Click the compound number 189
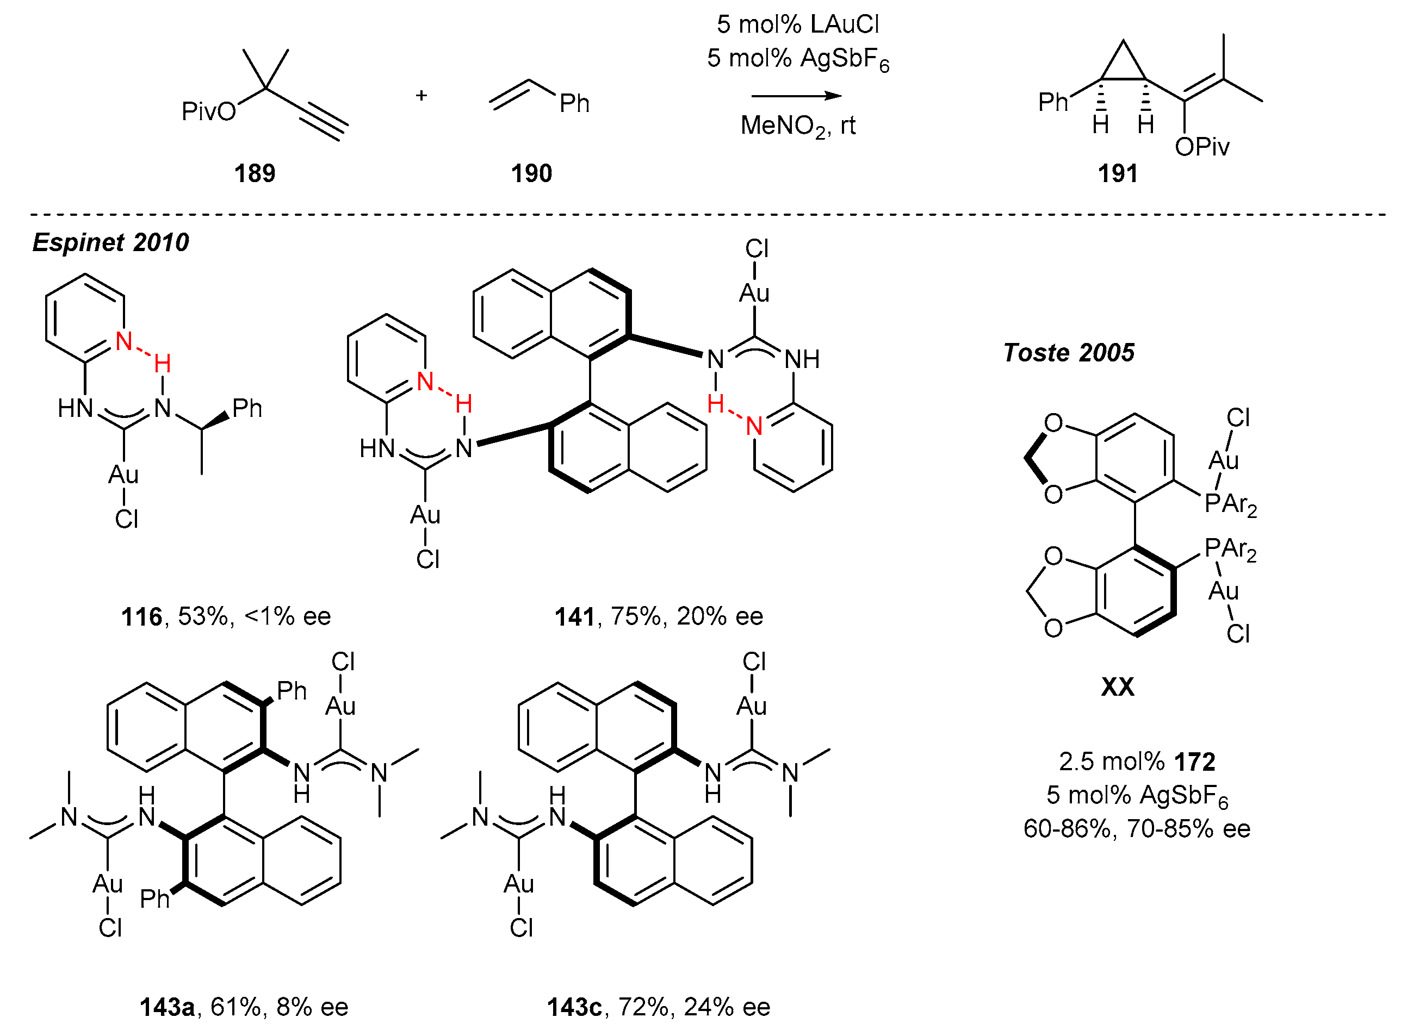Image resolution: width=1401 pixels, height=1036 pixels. point(255,173)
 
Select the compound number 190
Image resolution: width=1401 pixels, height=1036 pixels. point(531,173)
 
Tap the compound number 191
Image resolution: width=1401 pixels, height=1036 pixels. point(1118,173)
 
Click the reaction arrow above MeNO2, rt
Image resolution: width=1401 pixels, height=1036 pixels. point(796,96)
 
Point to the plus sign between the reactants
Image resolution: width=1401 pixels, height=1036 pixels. point(421,95)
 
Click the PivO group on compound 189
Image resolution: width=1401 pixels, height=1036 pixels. point(208,111)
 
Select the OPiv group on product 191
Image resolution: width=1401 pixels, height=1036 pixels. point(1201,147)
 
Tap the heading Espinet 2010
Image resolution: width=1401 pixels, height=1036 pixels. point(110,242)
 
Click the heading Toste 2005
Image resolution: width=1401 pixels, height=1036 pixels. point(1069,352)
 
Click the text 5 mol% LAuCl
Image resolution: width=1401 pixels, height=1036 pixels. point(797,24)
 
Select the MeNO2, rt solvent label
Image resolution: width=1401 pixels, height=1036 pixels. point(797,126)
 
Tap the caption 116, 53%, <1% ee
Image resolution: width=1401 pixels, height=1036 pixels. point(226,616)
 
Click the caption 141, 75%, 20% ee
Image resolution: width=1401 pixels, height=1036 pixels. point(659,616)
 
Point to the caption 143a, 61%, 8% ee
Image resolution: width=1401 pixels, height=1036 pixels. point(244,1007)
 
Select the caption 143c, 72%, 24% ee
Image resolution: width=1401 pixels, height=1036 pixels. point(659,1007)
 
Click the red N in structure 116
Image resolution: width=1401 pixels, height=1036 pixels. point(123,341)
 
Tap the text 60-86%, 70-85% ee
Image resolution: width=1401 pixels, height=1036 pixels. point(1137,829)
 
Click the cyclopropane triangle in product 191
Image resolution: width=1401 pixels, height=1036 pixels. point(1123,66)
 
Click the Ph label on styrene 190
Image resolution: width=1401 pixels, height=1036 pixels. point(574,103)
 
